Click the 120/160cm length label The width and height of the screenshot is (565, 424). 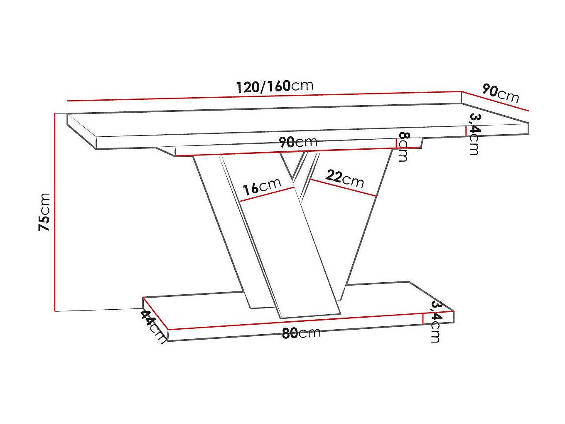click(x=275, y=86)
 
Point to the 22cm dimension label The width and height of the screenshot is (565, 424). click(x=344, y=178)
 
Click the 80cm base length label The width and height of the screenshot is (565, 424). click(x=301, y=333)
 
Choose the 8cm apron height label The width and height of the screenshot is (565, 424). click(x=403, y=146)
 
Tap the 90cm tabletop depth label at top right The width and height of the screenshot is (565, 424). click(x=501, y=93)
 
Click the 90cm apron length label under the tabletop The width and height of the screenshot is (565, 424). click(x=298, y=142)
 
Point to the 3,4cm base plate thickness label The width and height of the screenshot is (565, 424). click(x=435, y=321)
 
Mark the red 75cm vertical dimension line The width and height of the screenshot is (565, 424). click(x=55, y=212)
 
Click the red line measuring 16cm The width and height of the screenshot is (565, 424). click(x=267, y=195)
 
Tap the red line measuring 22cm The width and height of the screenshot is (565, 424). click(x=343, y=187)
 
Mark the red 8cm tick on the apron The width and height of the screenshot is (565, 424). click(x=396, y=143)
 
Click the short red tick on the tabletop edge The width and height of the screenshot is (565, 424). click(x=466, y=131)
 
